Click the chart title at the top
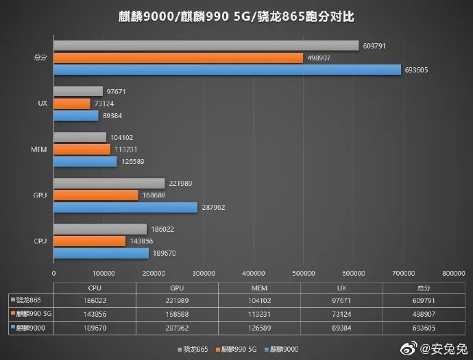click(x=236, y=15)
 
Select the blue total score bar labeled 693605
click(x=227, y=69)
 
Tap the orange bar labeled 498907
click(x=178, y=58)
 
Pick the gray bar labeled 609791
click(x=206, y=46)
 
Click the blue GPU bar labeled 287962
click(x=125, y=207)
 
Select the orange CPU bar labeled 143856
click(x=89, y=241)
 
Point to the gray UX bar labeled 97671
click(x=77, y=91)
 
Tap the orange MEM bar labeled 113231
click(x=82, y=149)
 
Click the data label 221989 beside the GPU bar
click(x=180, y=183)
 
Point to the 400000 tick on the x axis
click(x=254, y=273)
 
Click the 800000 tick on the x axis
click(x=453, y=273)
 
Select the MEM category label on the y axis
click(x=39, y=149)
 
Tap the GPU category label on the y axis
click(x=40, y=195)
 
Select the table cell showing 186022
click(x=95, y=300)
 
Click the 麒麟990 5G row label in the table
click(x=32, y=315)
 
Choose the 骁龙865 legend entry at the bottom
click(x=195, y=349)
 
